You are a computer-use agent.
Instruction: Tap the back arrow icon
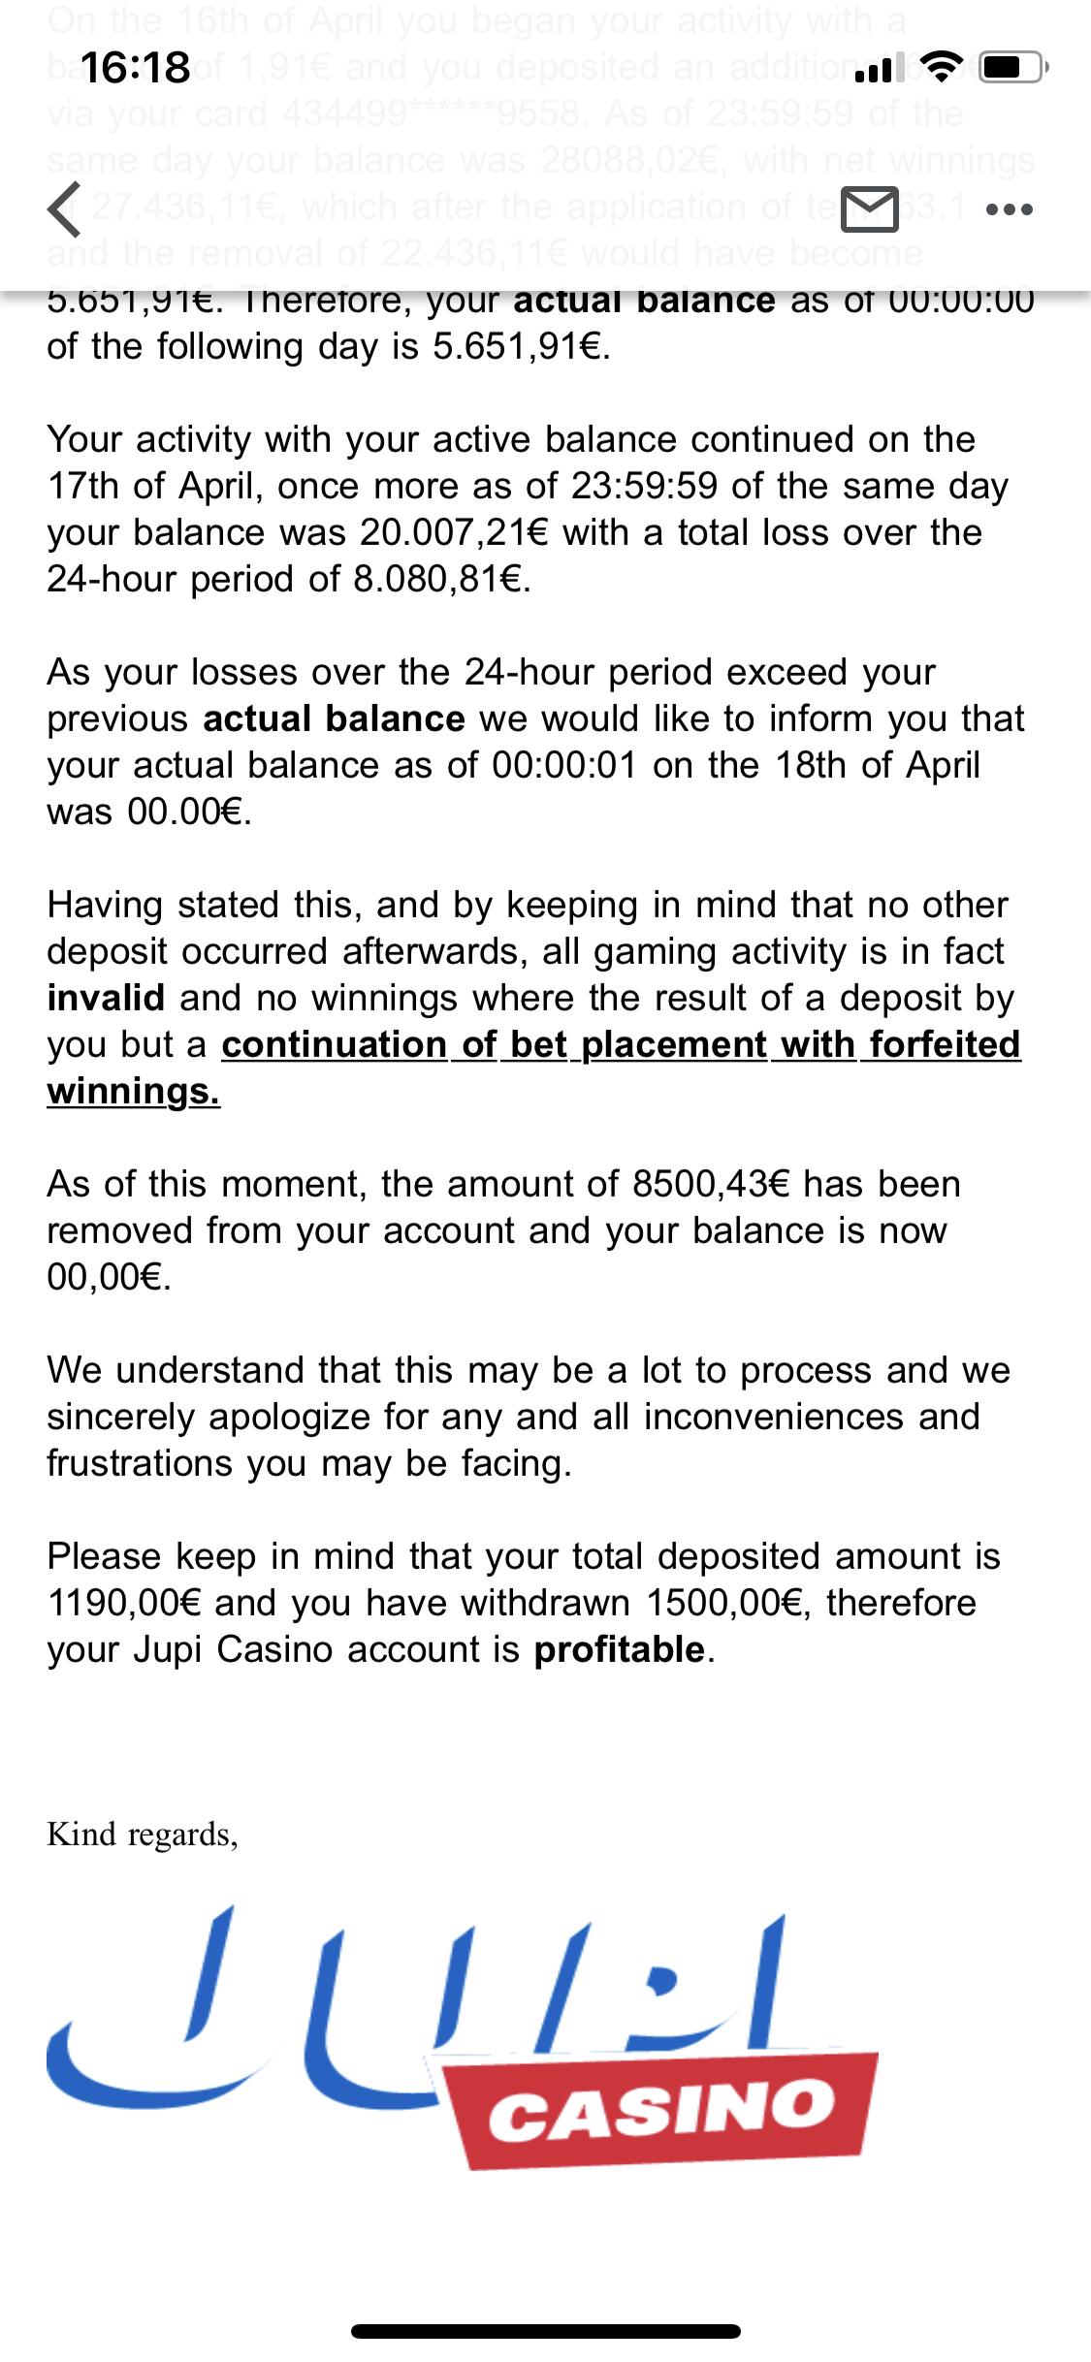[64, 209]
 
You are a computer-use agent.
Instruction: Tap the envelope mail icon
[869, 209]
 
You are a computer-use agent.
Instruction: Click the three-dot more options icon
[1009, 209]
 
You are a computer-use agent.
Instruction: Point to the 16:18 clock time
[136, 68]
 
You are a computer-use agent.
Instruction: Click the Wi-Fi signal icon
[938, 66]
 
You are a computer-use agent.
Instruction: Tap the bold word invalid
[106, 998]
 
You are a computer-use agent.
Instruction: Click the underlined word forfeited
[945, 1044]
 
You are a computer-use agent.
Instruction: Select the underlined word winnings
[133, 1091]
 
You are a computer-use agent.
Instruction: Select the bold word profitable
[620, 1649]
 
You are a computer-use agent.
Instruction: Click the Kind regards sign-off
[143, 1834]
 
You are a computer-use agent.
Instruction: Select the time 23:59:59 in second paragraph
[644, 486]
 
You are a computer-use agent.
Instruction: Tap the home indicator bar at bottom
[545, 2331]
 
